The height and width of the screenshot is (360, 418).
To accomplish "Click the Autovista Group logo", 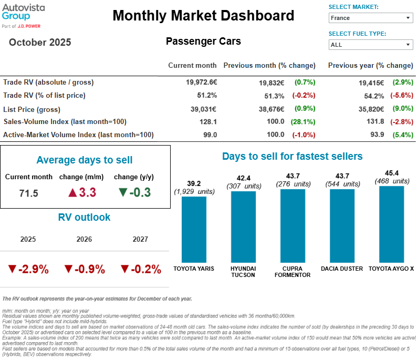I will click(x=24, y=14).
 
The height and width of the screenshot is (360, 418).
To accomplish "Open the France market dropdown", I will click(x=370, y=18).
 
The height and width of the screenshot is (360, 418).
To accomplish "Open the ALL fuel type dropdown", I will click(x=370, y=45).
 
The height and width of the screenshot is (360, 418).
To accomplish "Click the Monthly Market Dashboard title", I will click(x=203, y=16).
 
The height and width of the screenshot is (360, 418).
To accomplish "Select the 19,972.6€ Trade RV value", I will click(x=201, y=82).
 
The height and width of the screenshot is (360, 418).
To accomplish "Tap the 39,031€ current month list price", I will click(x=203, y=109).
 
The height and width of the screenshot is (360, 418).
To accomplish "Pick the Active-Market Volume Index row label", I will click(x=78, y=135).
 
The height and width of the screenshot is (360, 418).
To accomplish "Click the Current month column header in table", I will click(x=192, y=66).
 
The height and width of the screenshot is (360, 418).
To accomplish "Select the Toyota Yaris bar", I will click(x=194, y=229).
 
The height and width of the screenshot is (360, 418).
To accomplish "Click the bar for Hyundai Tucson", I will click(x=243, y=227).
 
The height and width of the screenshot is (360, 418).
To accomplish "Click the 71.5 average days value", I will click(x=28, y=193).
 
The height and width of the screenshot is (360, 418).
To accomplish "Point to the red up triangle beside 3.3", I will click(x=72, y=192).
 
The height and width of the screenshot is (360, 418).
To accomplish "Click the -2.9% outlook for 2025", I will click(x=28, y=269).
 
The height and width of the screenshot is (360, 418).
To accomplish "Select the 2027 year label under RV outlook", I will click(x=140, y=239).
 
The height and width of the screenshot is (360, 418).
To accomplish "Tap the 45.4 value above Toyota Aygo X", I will click(x=391, y=172).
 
